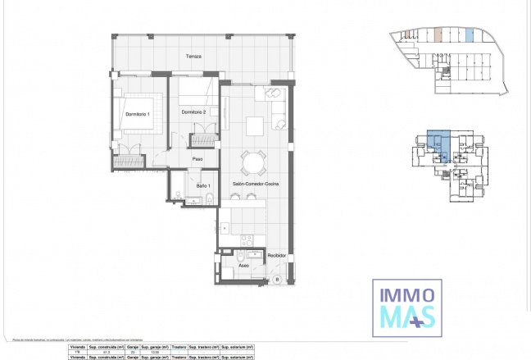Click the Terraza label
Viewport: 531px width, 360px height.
193,57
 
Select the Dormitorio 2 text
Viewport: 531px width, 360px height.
194,112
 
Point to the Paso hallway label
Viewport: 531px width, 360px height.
197,158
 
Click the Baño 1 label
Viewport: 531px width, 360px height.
202,186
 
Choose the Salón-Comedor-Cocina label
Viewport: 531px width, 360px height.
255,185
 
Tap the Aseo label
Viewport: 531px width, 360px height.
243,266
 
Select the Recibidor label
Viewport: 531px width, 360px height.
276,256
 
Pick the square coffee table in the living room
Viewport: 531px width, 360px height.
255,125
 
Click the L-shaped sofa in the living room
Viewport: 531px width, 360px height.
275,106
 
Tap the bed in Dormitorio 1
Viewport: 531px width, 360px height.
138,124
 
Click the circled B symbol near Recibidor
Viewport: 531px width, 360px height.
276,280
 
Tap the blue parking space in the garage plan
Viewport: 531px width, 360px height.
470,35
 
